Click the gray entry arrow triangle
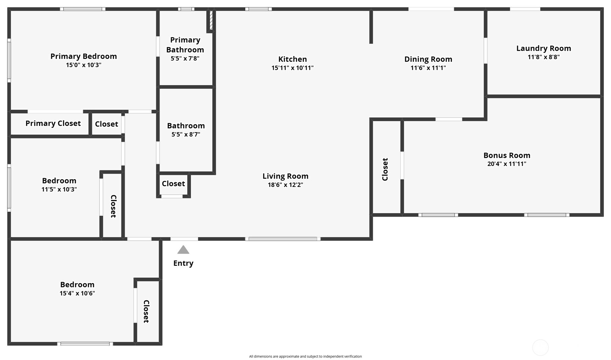click(183, 250)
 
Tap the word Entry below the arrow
click(183, 263)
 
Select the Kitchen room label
click(292, 59)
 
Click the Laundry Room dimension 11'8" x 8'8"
click(543, 57)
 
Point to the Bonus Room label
click(506, 155)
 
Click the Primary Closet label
click(53, 123)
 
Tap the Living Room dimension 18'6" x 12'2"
click(285, 185)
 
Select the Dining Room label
click(428, 59)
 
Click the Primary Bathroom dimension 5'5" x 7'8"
click(185, 58)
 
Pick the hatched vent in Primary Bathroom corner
click(211, 20)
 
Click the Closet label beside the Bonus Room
click(385, 169)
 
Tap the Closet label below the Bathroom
click(173, 184)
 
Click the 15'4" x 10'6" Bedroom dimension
click(77, 293)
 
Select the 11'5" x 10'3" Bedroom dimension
click(59, 189)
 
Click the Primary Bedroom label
click(84, 56)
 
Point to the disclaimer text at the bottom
click(305, 356)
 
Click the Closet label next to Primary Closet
click(106, 124)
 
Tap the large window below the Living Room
click(282, 239)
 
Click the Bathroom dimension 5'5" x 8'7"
click(186, 134)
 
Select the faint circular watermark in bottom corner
click(540, 347)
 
